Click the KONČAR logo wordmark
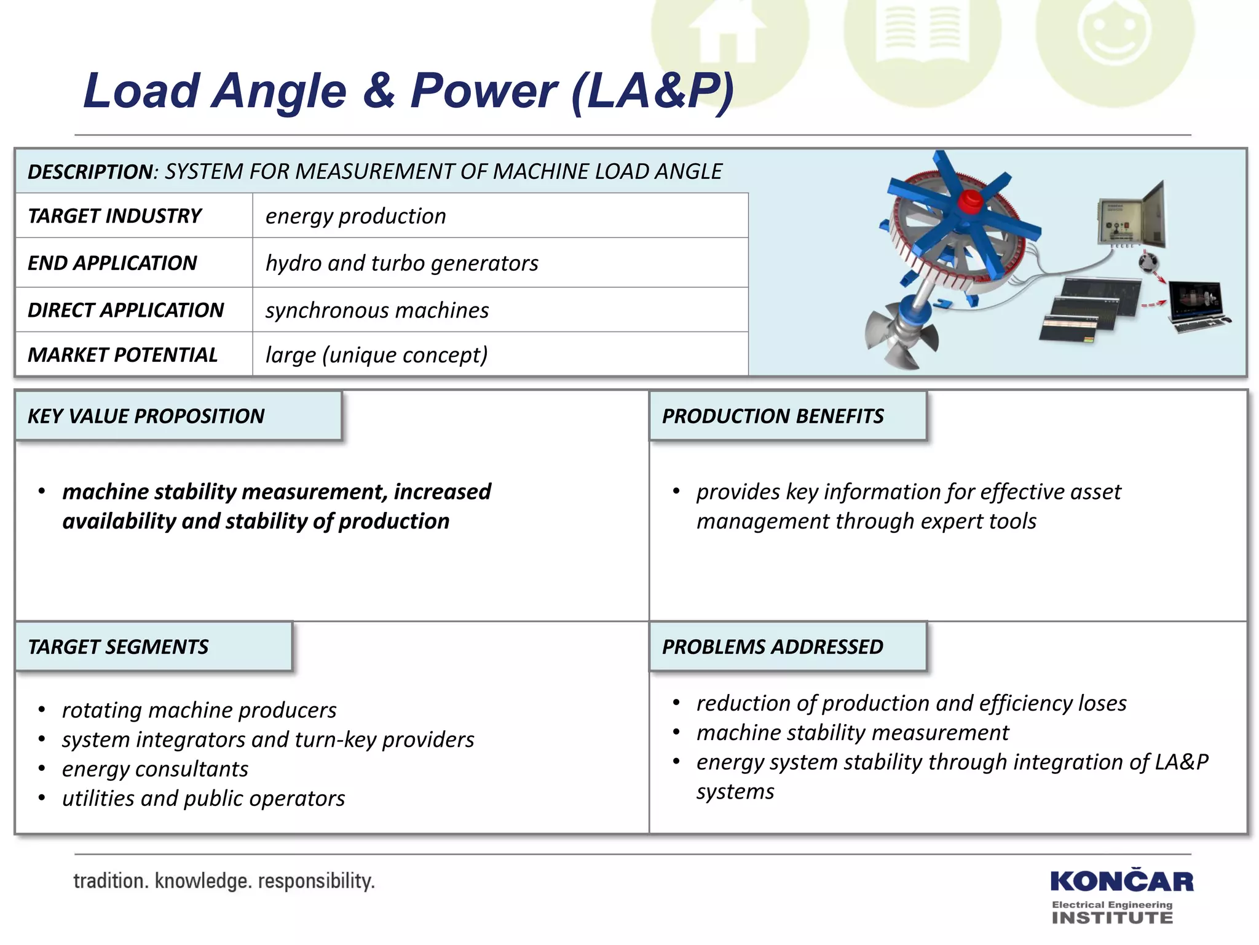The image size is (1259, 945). [x=1121, y=882]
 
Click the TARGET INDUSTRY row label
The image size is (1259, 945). [x=115, y=216]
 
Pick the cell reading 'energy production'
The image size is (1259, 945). [x=355, y=216]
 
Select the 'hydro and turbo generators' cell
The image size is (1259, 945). [x=401, y=263]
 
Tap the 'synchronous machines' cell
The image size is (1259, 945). [x=377, y=310]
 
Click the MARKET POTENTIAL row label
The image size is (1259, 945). [x=123, y=355]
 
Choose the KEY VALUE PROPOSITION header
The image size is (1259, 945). [x=146, y=416]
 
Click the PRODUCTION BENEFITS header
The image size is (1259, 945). [x=773, y=416]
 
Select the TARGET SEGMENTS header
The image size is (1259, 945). [x=118, y=647]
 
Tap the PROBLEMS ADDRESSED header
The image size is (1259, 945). [x=772, y=647]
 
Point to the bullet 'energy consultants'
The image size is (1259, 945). [x=155, y=769]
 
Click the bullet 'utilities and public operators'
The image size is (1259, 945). [x=203, y=799]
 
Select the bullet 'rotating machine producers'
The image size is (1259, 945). [x=199, y=710]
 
